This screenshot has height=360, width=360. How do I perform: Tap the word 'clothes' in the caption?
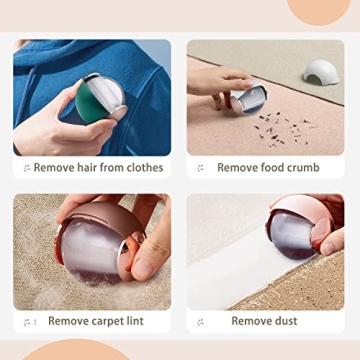tap(142, 168)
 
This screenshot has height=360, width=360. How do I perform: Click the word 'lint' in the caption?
tap(139, 321)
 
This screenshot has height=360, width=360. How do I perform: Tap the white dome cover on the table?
tap(321, 73)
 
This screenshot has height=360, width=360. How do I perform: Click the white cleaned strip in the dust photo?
tap(240, 270)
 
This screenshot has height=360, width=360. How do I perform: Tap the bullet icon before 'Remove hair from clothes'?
tap(25, 168)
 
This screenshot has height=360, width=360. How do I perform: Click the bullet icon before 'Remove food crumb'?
tap(200, 168)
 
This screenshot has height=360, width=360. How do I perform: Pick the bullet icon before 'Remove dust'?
tap(200, 322)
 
